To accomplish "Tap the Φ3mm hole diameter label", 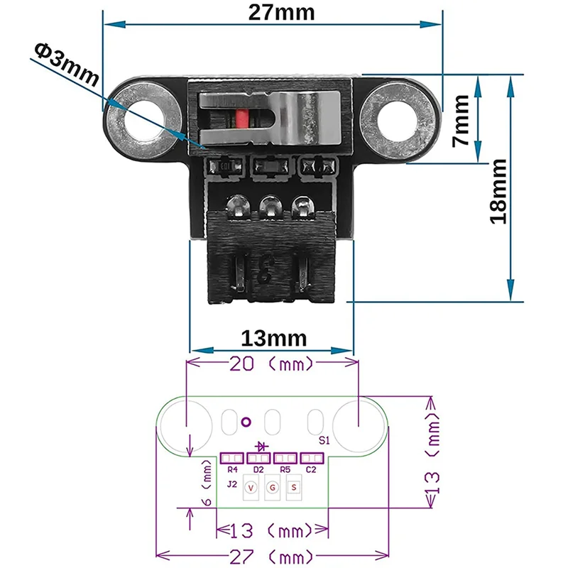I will point(65,62).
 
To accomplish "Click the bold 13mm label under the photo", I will point(274,336).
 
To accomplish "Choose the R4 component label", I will point(232,470).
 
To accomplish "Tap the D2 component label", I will point(258,470).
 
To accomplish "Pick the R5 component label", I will point(285,470).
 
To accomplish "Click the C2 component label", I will point(311,470).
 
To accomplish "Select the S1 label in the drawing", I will point(323,440).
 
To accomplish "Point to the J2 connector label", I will point(231,485).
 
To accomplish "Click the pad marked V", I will point(251,488).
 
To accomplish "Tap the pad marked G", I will point(272,488).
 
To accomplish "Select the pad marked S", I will point(294,488).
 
